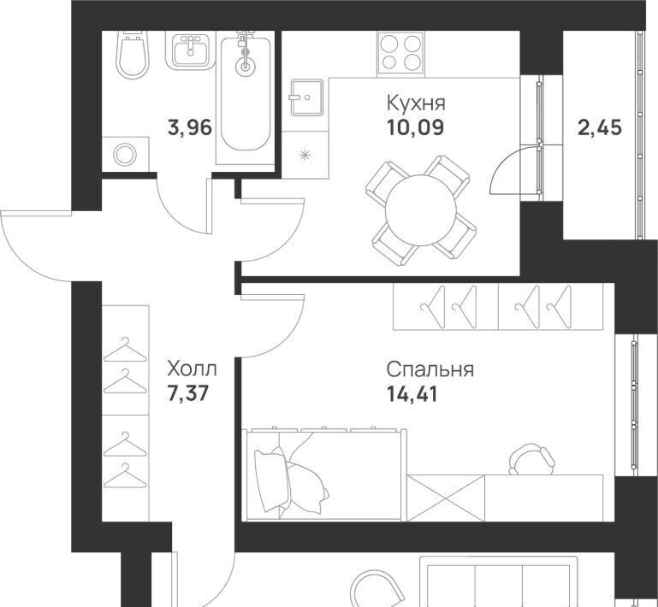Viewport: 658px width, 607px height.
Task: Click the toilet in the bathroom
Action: click(x=133, y=55)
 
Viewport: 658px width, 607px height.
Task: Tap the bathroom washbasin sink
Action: click(x=191, y=50)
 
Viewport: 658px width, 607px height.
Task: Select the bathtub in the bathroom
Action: click(x=246, y=94)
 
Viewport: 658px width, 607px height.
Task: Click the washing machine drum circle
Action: click(x=125, y=155)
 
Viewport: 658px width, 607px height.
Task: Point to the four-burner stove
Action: click(x=400, y=52)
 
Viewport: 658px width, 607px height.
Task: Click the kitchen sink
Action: click(x=307, y=97)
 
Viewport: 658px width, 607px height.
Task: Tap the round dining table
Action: click(x=421, y=209)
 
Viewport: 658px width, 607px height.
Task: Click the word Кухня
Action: click(x=416, y=104)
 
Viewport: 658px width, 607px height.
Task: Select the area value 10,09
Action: click(x=416, y=127)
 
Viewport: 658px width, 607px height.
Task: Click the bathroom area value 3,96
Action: click(x=190, y=127)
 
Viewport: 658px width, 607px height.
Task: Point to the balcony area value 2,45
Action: click(x=600, y=127)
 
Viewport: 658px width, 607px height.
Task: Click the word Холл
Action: click(x=192, y=369)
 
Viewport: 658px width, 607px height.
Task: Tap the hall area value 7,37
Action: click(x=188, y=393)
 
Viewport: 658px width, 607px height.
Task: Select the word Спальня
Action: click(x=430, y=369)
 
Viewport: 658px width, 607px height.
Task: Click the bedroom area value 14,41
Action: click(x=412, y=394)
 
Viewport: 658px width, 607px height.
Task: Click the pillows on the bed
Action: click(x=290, y=480)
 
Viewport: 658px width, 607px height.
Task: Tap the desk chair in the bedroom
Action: click(x=531, y=459)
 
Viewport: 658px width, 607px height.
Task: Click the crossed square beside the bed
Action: click(x=446, y=498)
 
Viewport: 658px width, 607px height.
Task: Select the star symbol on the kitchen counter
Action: click(x=305, y=155)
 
